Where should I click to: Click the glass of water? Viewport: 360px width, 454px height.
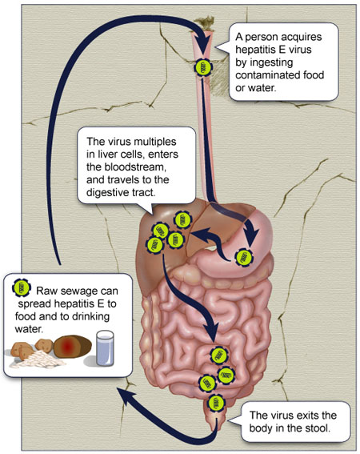click(105, 348)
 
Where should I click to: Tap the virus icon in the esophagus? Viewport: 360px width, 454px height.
click(203, 68)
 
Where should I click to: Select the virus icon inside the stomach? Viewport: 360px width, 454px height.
click(243, 257)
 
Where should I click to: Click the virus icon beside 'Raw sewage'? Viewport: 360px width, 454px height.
click(22, 287)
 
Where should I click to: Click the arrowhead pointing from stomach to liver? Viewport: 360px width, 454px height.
click(198, 235)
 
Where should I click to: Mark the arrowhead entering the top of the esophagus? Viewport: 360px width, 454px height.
click(203, 43)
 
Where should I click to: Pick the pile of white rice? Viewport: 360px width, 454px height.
click(40, 358)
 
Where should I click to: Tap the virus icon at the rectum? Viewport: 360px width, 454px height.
click(216, 403)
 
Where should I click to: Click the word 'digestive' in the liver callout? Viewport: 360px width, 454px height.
click(109, 192)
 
